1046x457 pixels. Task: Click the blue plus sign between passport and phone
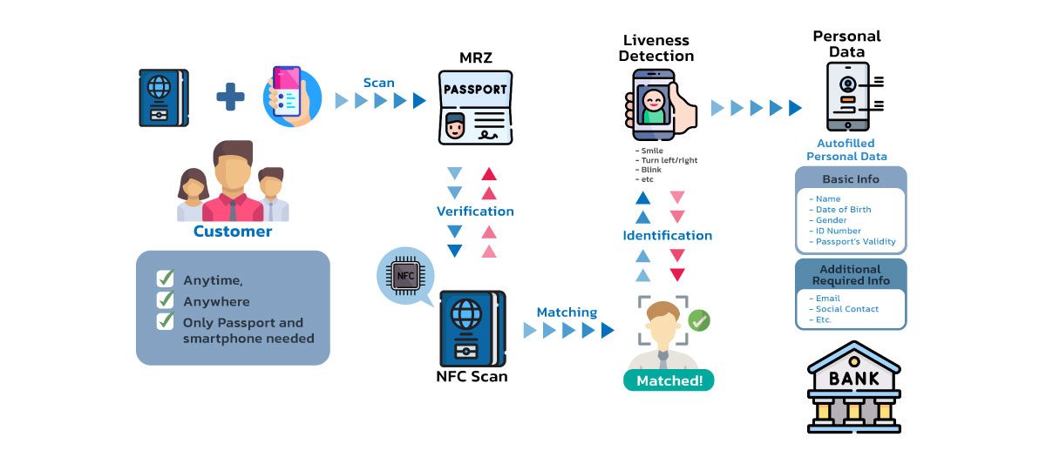230,97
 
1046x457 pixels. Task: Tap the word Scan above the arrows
379,83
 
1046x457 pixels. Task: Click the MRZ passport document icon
475,107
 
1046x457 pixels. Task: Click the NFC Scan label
472,377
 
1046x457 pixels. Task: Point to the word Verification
475,211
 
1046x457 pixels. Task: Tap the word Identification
667,235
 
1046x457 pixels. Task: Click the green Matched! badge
669,380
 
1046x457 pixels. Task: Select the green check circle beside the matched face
699,319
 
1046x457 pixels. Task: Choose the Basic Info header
851,178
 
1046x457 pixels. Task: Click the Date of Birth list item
842,210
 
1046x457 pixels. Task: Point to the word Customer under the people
233,232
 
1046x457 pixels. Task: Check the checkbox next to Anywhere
165,300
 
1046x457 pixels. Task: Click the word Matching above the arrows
567,312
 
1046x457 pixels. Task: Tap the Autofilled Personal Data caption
846,150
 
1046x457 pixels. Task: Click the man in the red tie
233,183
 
